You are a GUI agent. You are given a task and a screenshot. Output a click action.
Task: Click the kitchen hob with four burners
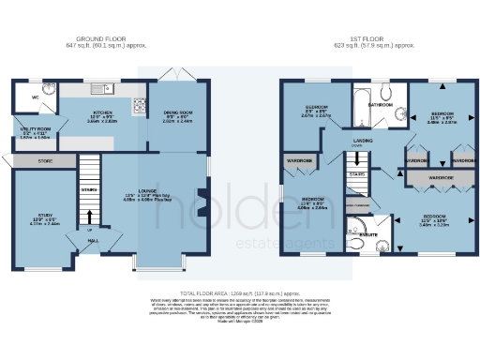140,104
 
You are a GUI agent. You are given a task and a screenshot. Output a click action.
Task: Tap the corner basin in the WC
47,90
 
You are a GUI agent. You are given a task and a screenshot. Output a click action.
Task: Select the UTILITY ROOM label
35,129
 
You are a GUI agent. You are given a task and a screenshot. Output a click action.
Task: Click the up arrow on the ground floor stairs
90,228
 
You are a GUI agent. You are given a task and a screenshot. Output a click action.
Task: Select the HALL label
94,240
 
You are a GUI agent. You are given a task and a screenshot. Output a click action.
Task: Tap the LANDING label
360,142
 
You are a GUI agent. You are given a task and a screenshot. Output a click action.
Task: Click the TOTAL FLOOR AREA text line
239,292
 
